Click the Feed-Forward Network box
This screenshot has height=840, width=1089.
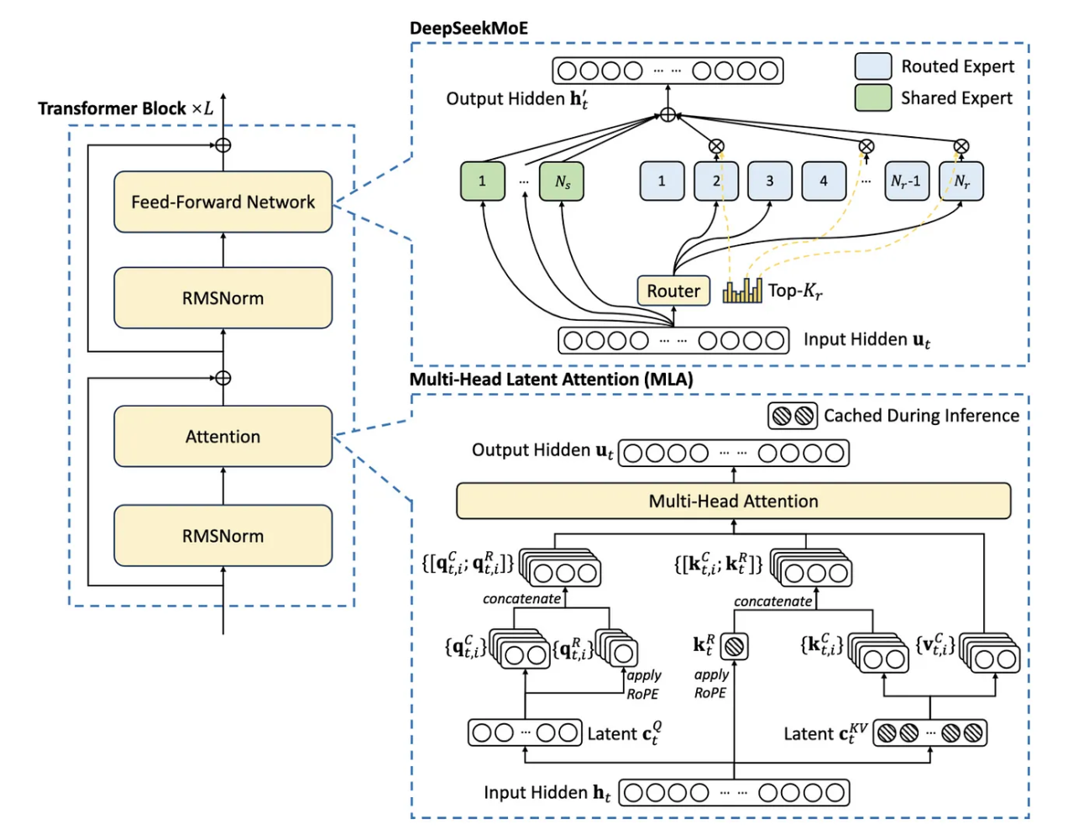click(223, 202)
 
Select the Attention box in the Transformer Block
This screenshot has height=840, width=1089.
click(223, 437)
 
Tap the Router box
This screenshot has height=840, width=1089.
click(673, 291)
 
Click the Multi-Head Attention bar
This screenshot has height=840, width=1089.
click(733, 501)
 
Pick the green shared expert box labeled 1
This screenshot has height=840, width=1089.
click(482, 181)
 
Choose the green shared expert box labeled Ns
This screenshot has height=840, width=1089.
click(563, 181)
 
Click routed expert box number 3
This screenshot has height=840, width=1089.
click(769, 181)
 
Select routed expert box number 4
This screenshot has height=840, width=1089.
click(823, 181)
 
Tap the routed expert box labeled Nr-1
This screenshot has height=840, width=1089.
click(907, 181)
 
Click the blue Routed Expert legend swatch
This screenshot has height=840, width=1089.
click(873, 66)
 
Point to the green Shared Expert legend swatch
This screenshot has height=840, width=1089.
click(873, 97)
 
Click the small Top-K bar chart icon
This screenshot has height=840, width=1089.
click(743, 291)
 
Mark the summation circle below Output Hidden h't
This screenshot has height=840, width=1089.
click(668, 115)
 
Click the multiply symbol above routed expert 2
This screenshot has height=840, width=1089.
click(716, 146)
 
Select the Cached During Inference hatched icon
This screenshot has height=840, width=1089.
click(793, 416)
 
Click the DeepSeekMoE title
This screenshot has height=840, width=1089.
click(469, 29)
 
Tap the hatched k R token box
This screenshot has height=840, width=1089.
click(734, 646)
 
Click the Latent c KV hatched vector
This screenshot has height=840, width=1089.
click(929, 733)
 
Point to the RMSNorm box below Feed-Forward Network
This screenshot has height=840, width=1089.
click(223, 298)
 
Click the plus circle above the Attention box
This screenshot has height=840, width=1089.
click(223, 378)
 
